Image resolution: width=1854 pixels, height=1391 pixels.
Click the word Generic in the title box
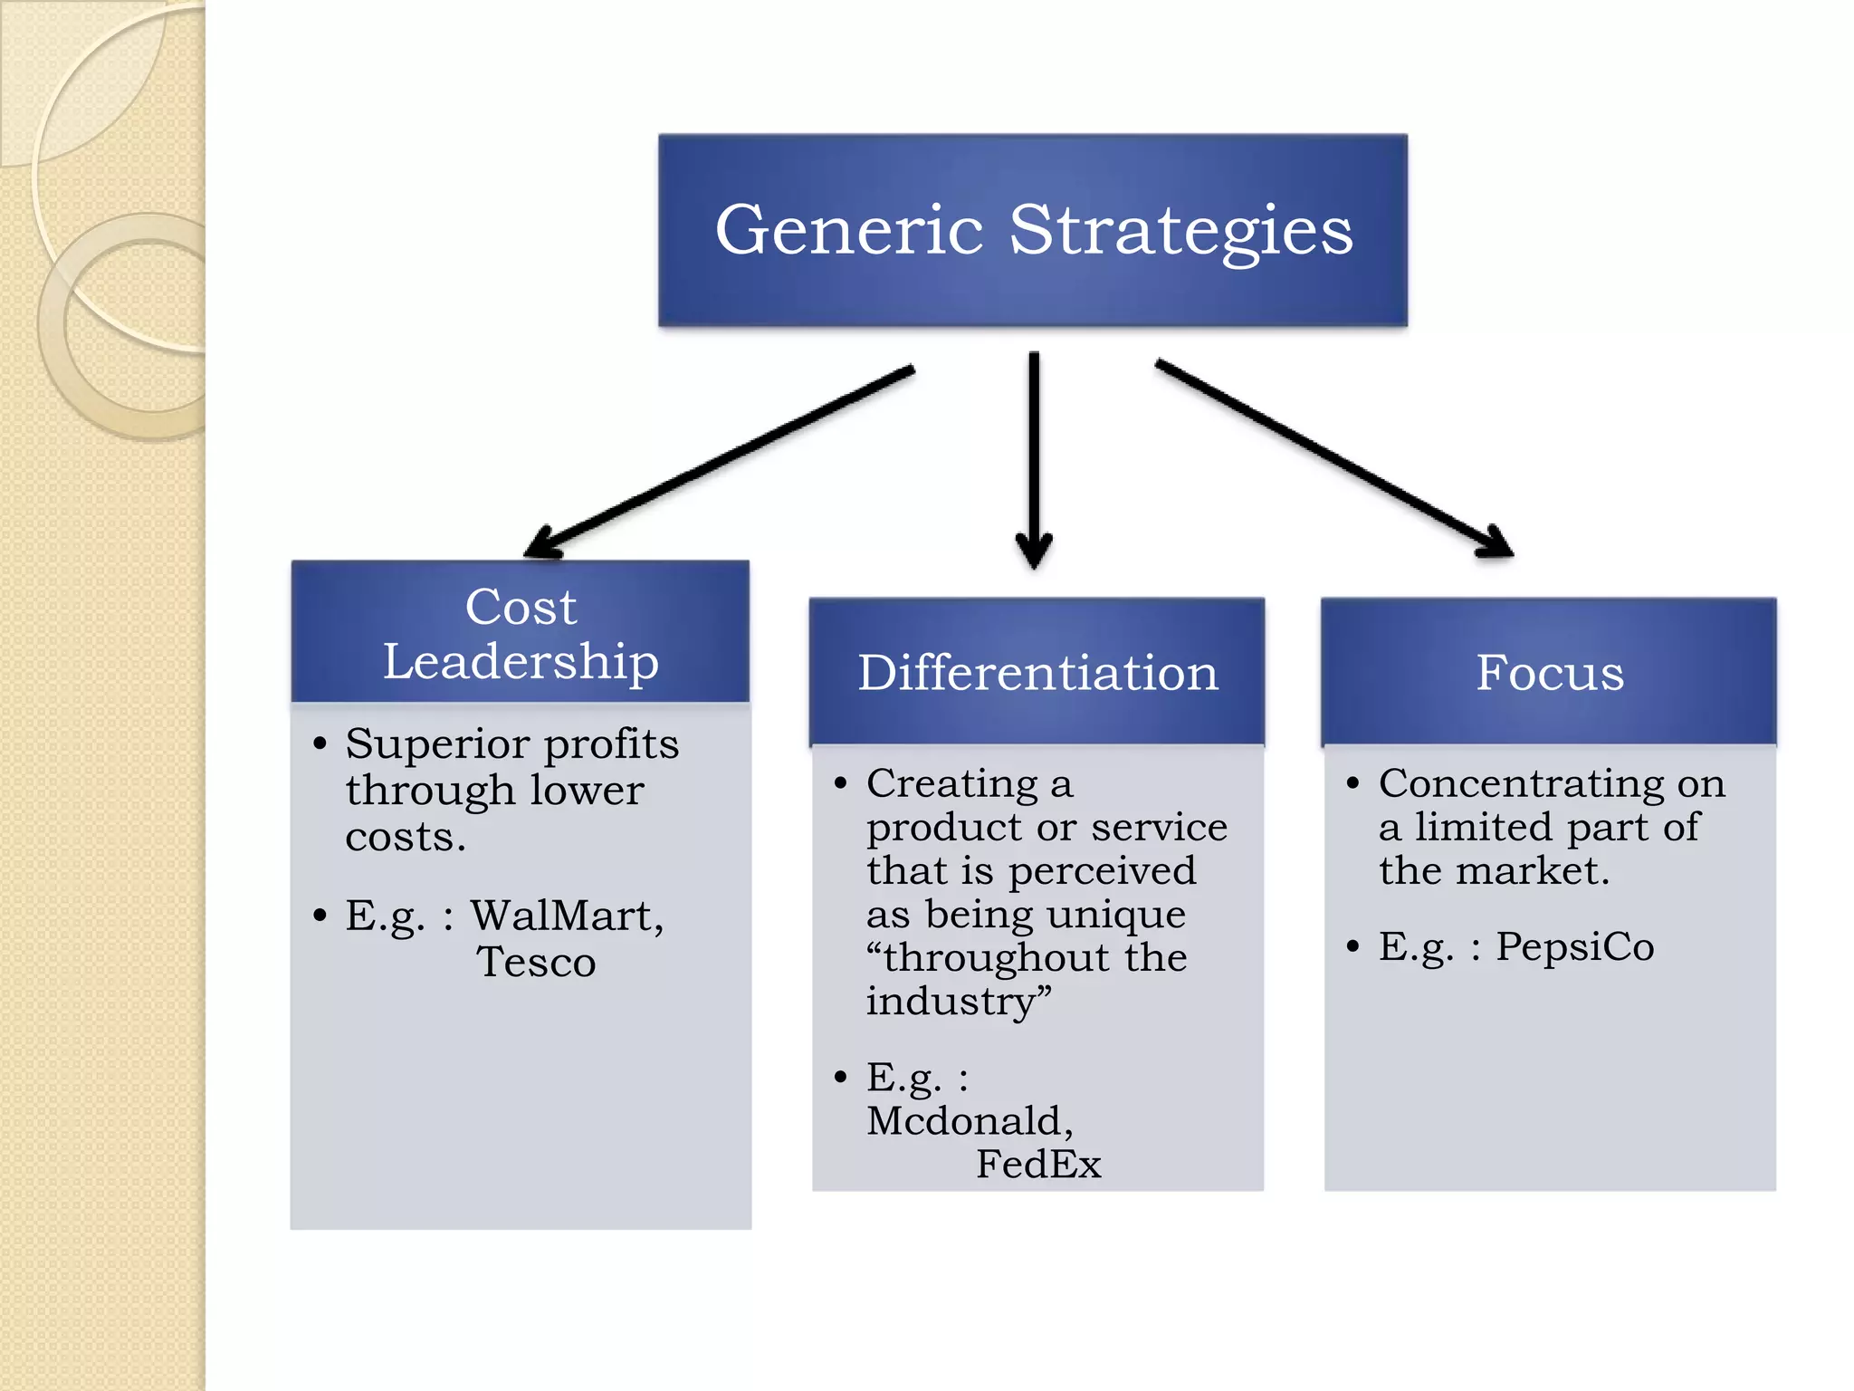coord(848,231)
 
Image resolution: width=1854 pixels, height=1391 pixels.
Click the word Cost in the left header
coord(521,607)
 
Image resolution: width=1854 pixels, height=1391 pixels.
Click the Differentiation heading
coord(1037,673)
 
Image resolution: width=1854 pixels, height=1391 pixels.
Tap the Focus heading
coord(1550,673)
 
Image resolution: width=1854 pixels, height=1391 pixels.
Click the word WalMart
coord(567,916)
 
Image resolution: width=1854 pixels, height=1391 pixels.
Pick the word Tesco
coord(536,963)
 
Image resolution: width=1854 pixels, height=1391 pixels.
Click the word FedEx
coord(1038,1165)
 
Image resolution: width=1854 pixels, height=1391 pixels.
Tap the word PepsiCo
coord(1574,947)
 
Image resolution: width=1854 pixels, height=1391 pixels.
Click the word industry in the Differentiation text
coord(951,1002)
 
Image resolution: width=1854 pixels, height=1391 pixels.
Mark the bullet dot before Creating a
coord(841,782)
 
